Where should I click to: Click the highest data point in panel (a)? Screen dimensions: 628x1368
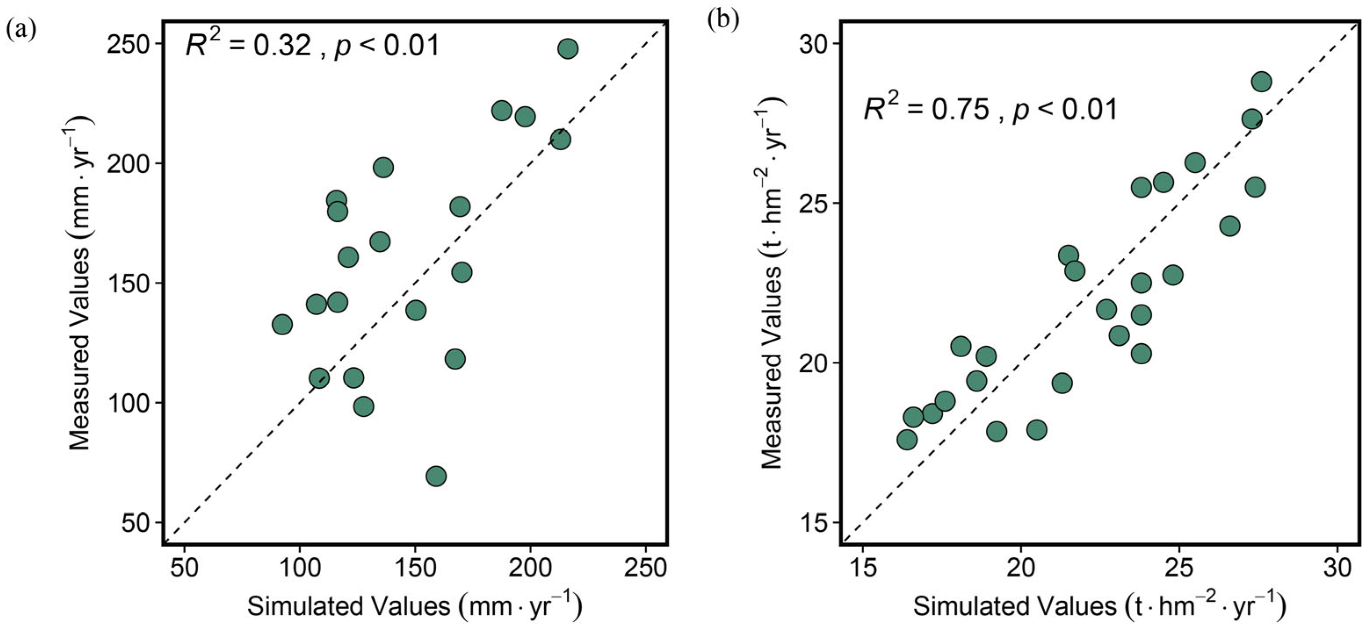[x=568, y=49]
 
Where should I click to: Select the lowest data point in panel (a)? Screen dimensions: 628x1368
[x=436, y=476]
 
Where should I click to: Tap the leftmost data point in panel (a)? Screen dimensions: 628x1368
[x=282, y=324]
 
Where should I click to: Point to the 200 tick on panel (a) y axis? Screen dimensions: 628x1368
[x=127, y=163]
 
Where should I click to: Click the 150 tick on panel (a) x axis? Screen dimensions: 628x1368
[x=415, y=567]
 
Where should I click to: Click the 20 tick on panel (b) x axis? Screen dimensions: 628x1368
[x=1020, y=567]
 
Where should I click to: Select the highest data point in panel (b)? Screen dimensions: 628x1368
[x=1261, y=82]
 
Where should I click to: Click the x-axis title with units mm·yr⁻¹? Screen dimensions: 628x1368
[x=415, y=606]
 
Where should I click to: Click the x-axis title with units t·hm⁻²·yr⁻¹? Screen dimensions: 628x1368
[x=1099, y=606]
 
